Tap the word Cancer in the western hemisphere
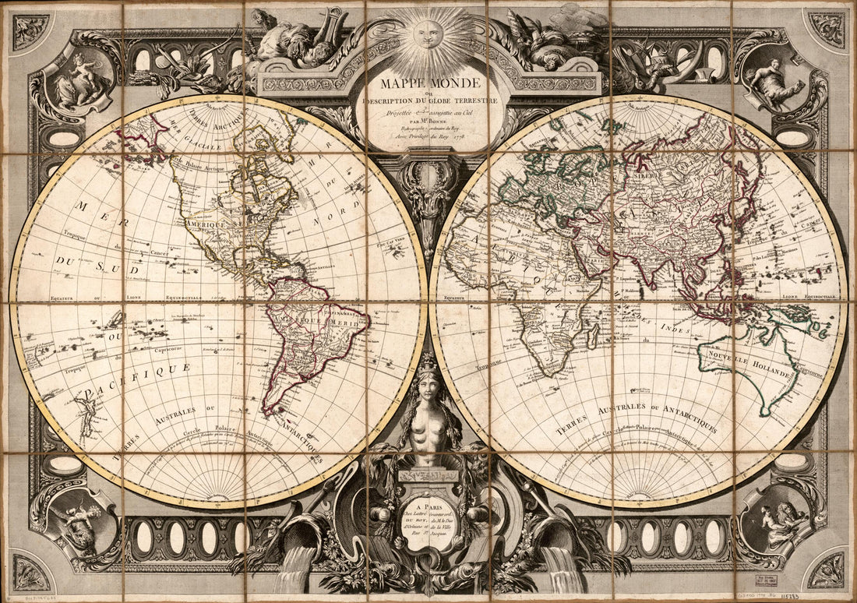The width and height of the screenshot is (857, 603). click(160, 254)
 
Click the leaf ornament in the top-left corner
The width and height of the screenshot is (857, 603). click(30, 30)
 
